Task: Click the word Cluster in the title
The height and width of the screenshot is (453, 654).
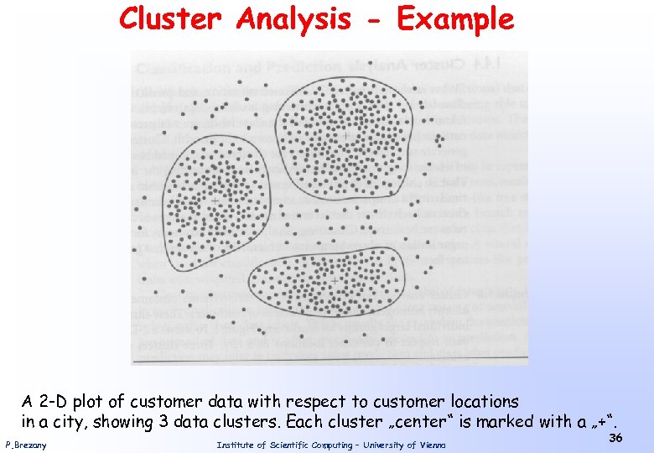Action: coord(172,18)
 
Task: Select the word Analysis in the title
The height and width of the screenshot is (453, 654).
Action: coord(293,18)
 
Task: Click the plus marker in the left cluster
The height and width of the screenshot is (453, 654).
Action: coord(215,201)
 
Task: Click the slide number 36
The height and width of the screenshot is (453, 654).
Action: coord(615,439)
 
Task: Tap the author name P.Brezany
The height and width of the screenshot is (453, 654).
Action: coord(26,445)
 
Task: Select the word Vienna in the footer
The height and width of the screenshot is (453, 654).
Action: coord(428,445)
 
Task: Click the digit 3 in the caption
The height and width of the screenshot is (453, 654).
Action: coord(159,421)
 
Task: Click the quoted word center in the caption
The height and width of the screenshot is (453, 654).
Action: coord(425,421)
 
